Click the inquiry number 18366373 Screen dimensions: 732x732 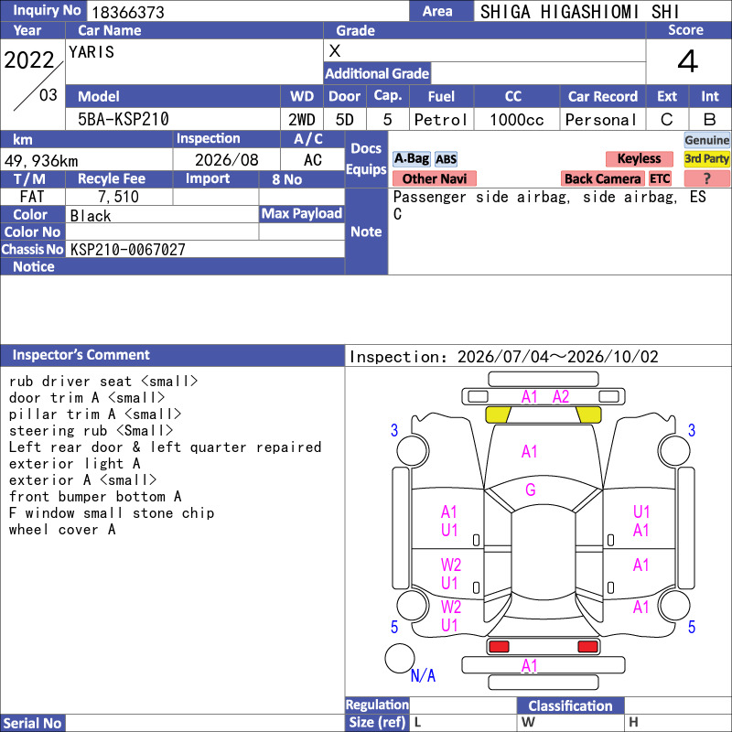128,12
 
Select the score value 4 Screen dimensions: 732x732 688,61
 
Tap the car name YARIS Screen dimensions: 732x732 91,52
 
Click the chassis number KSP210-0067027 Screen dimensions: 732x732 127,249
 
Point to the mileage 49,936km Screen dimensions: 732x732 41,161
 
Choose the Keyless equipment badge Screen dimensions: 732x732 639,158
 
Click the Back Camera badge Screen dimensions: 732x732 602,178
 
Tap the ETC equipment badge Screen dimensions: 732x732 660,178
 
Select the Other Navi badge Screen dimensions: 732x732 434,178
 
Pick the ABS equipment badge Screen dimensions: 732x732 446,159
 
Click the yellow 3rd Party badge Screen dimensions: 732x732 706,158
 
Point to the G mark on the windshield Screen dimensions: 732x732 531,490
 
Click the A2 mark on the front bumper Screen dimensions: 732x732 561,397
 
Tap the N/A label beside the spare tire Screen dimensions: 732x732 423,675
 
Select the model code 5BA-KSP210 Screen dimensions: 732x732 124,119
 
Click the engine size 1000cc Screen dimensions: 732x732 517,120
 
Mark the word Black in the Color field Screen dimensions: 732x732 91,216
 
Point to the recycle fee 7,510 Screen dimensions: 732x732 119,197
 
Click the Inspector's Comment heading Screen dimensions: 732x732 81,355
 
